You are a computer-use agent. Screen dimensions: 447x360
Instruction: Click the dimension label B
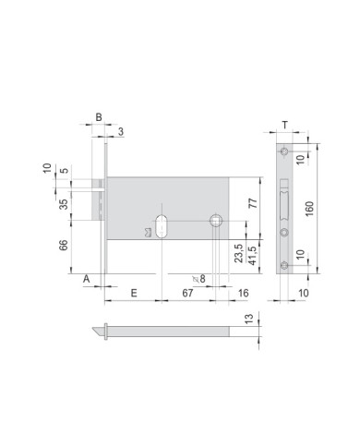[99, 118]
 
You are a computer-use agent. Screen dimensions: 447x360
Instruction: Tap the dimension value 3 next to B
[120, 132]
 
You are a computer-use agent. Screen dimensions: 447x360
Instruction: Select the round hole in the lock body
[216, 220]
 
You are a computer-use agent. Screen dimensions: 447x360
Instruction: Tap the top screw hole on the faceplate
[285, 151]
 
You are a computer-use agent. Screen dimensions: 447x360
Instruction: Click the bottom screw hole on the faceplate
[285, 267]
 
